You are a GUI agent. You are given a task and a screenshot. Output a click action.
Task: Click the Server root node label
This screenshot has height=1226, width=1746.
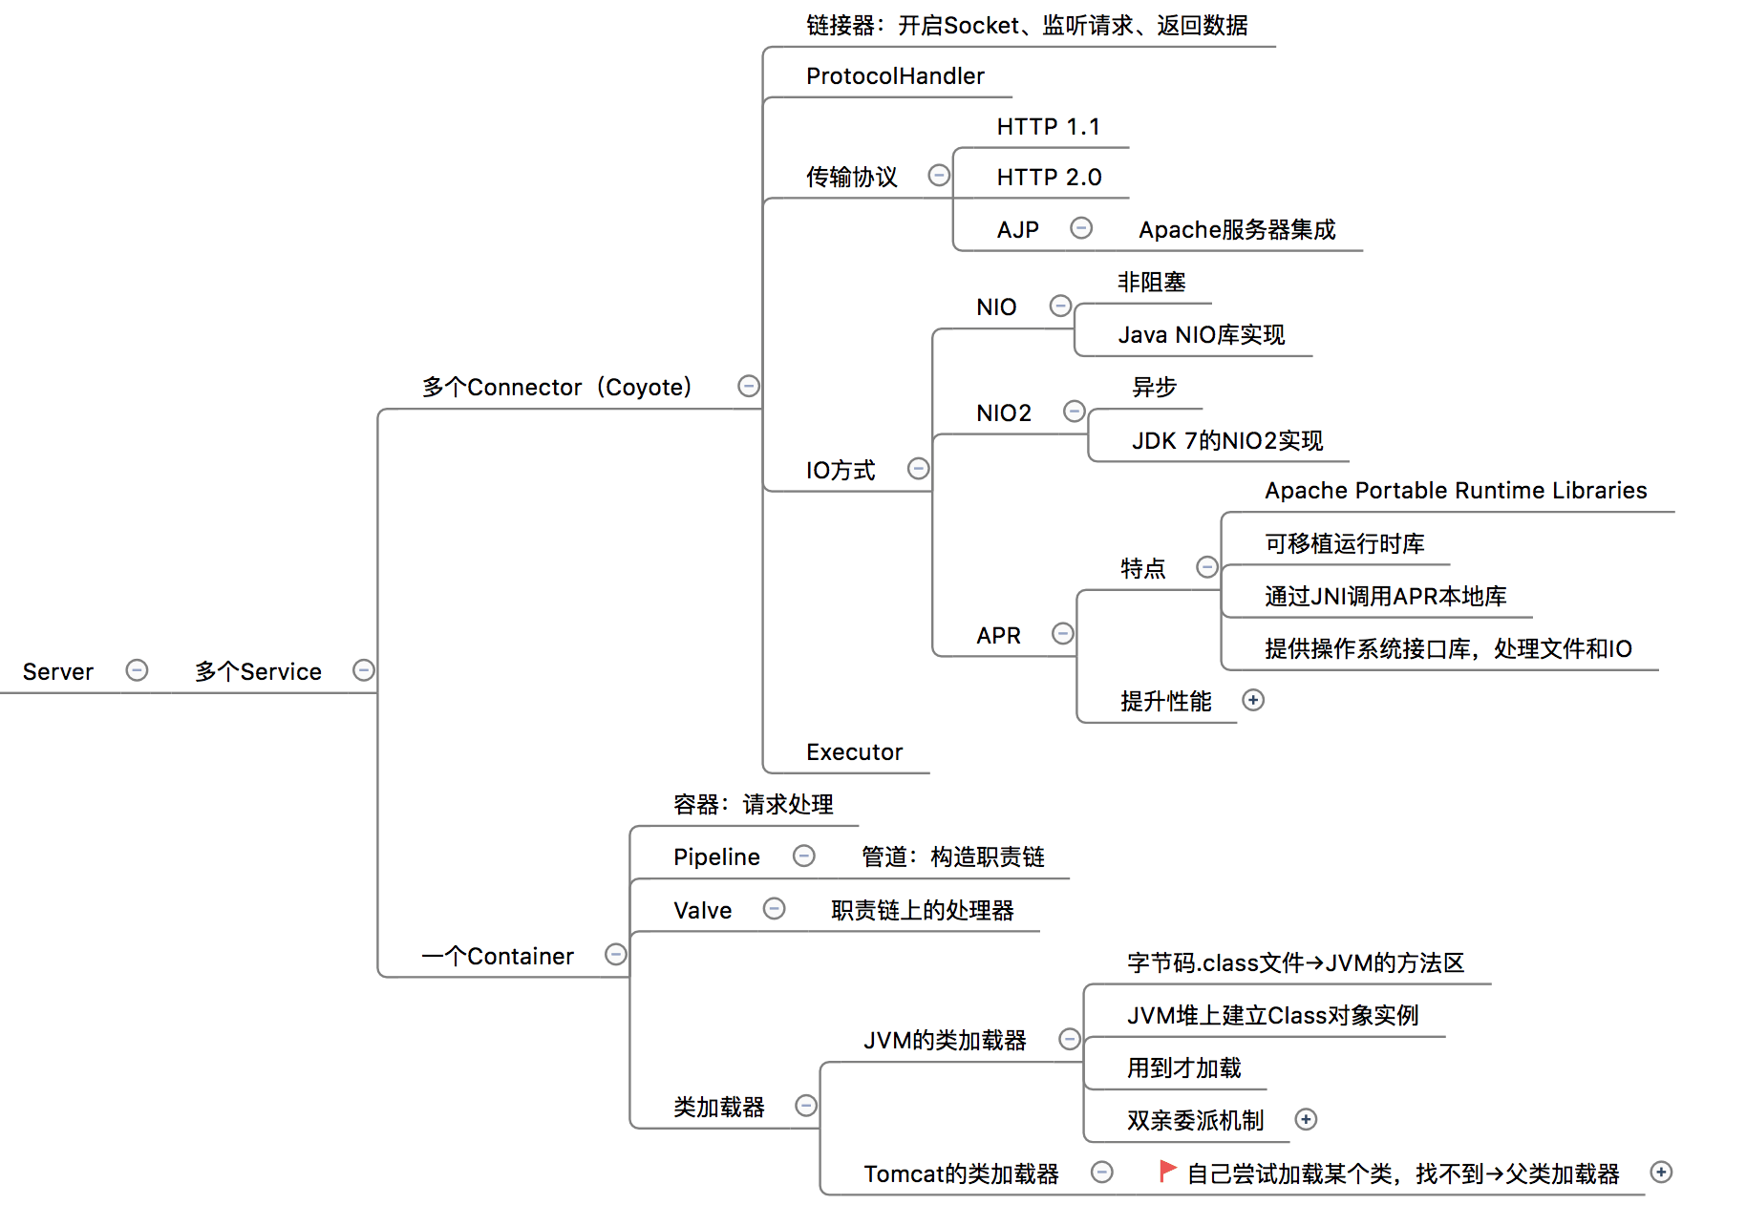tap(57, 671)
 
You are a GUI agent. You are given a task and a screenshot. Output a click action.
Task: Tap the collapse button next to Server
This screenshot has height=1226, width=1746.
tap(137, 670)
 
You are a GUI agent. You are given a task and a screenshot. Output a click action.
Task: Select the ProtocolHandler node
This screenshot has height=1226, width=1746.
tap(894, 76)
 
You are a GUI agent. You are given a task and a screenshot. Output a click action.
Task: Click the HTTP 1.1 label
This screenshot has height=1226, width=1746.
tap(1048, 127)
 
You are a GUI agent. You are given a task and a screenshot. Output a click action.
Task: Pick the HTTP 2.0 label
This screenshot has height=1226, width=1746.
tap(1049, 178)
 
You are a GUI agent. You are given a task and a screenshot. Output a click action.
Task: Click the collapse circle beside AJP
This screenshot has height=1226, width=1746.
tap(1081, 228)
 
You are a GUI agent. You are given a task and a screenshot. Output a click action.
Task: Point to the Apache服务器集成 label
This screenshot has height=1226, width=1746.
tap(1236, 230)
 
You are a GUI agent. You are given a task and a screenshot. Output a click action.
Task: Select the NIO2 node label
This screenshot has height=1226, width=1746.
tap(1003, 413)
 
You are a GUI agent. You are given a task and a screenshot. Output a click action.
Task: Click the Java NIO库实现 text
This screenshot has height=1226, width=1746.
tap(1201, 335)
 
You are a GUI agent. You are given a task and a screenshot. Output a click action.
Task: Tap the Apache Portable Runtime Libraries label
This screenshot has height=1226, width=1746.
tap(1455, 491)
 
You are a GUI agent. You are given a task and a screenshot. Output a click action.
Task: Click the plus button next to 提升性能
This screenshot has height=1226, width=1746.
tap(1253, 701)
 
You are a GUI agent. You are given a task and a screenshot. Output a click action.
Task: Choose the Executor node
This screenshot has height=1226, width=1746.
tap(854, 752)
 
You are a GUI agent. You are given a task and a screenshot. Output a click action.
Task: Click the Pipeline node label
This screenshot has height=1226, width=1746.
tap(716, 857)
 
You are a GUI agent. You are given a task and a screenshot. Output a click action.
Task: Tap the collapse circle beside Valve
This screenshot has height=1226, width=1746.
tap(774, 909)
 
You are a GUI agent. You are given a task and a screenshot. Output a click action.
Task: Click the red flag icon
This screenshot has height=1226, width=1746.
tap(1166, 1171)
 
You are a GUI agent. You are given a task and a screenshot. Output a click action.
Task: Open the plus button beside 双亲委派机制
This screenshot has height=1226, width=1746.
tap(1306, 1120)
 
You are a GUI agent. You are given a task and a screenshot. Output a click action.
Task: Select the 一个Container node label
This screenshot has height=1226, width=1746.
tap(498, 957)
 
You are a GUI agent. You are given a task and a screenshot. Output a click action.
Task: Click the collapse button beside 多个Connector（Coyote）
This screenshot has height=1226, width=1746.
tap(749, 386)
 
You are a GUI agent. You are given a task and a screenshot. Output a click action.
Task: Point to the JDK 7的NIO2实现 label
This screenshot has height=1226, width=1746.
tap(1226, 441)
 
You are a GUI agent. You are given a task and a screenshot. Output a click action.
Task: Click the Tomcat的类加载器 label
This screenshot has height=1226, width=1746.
tap(961, 1174)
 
